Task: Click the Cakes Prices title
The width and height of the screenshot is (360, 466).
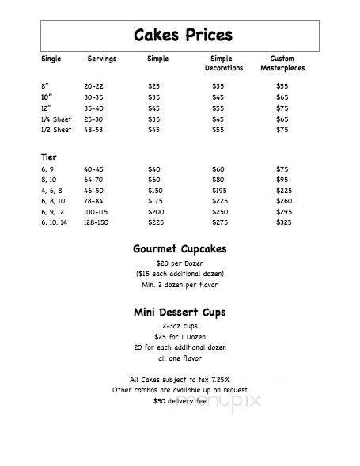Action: [x=182, y=35]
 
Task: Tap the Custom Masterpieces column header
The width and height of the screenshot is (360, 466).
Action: [x=282, y=63]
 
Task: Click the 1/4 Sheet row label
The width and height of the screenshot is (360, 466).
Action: [x=55, y=118]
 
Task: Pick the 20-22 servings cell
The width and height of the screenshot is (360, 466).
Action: [x=94, y=85]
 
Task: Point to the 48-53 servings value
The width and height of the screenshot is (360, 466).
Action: [x=94, y=129]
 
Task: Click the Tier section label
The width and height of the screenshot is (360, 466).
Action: [x=48, y=157]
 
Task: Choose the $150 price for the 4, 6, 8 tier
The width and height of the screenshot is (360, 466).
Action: [x=157, y=191]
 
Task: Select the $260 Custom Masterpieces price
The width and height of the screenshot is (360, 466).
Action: [x=283, y=202]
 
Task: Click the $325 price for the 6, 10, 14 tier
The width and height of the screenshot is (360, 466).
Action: [x=283, y=224]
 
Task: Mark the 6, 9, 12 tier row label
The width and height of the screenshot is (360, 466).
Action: [x=54, y=213]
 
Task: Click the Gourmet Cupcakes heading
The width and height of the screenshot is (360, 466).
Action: [x=180, y=249]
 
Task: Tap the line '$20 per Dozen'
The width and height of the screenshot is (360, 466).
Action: [x=180, y=263]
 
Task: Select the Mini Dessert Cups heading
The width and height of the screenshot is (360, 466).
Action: [x=180, y=312]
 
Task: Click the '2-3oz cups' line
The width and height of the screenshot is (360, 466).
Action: [x=180, y=326]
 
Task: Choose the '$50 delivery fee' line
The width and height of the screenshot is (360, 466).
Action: [x=180, y=401]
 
